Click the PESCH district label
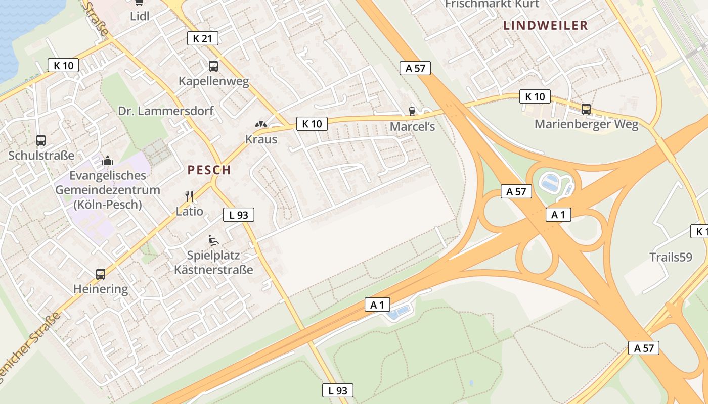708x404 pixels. tap(209, 170)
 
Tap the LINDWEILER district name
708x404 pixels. tap(546, 25)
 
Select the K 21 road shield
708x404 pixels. tap(203, 38)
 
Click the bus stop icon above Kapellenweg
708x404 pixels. tap(213, 66)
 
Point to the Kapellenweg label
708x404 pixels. tap(214, 81)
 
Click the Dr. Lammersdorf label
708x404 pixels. tap(166, 111)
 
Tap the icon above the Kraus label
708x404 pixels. tap(261, 124)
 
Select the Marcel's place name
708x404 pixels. tap(412, 126)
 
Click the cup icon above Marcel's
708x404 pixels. tap(412, 111)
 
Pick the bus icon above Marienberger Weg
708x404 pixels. tap(586, 109)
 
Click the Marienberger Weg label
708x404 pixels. tap(587, 124)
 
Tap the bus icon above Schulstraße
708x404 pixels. tap(41, 140)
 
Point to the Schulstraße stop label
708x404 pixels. tap(41, 156)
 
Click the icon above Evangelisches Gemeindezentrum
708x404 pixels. tap(108, 161)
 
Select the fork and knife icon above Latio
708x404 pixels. tap(189, 196)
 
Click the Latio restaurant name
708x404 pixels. tap(190, 211)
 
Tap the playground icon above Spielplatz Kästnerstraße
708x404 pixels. tap(213, 240)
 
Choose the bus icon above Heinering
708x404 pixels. tap(101, 274)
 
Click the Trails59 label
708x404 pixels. tap(671, 257)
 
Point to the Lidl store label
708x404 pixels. tap(140, 16)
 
